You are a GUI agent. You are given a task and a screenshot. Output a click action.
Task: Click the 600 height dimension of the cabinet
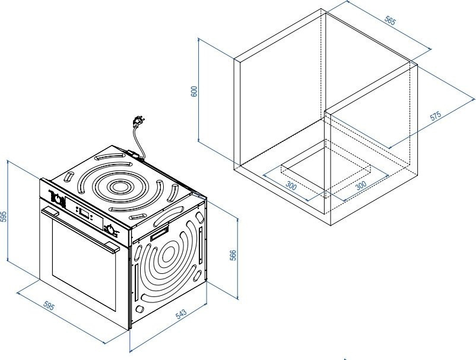coord(193,91)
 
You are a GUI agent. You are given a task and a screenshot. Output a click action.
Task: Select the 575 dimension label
coord(437,116)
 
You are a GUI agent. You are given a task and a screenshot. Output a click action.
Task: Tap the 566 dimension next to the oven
coord(233,255)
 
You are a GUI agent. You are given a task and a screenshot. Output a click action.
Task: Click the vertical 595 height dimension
coord(4,216)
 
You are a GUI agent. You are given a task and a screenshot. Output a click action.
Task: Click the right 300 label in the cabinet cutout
coord(360,185)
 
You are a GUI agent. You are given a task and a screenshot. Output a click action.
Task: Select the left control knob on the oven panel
coord(58,198)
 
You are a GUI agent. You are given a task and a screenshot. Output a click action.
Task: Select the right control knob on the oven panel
coord(111,230)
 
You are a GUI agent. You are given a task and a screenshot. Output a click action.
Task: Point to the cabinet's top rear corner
coord(321,9)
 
